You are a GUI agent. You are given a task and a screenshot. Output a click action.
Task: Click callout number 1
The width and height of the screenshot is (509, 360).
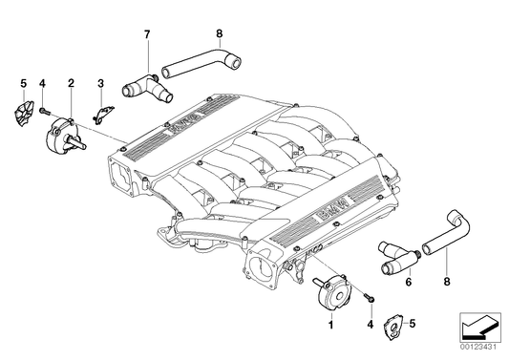coord(331,326)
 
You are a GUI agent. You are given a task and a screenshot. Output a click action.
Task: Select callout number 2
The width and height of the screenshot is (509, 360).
coord(71,84)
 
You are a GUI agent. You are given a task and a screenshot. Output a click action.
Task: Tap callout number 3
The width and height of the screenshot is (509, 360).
coord(99,84)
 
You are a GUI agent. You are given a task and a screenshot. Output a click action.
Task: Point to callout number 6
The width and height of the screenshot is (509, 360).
coord(409,283)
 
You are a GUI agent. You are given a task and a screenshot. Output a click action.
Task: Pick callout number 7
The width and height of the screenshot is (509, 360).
coord(147,34)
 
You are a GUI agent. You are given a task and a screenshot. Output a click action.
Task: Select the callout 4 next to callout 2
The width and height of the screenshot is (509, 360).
coord(42,84)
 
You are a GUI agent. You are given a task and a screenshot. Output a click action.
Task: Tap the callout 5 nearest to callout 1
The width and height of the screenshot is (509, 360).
coord(413,323)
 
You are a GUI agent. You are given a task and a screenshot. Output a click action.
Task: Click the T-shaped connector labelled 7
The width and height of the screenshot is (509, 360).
coord(145,87)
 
